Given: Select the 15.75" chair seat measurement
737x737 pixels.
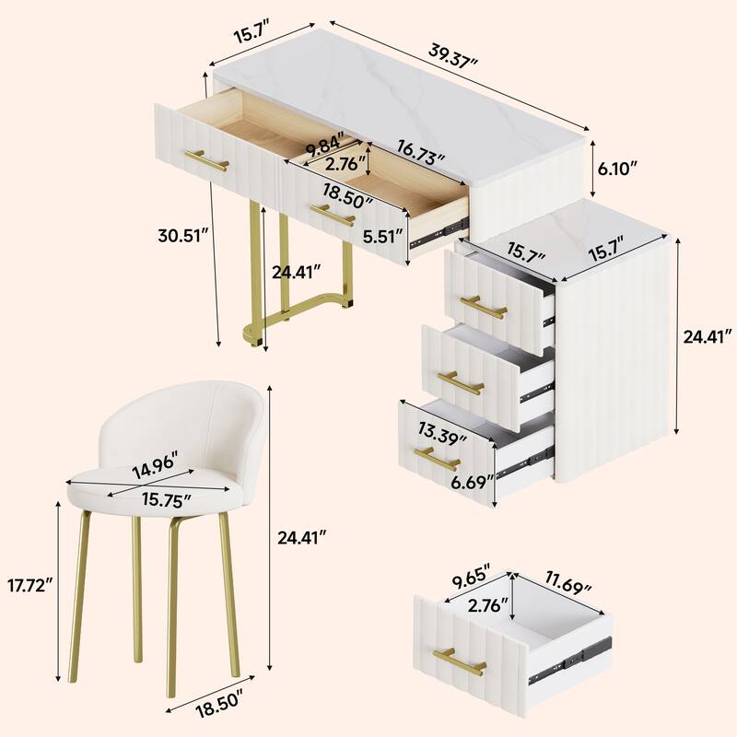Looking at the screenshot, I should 168,500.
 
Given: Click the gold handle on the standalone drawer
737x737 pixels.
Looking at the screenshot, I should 460,661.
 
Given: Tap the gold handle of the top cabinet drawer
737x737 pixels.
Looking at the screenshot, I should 483,307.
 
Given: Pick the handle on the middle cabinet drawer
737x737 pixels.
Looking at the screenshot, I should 460,382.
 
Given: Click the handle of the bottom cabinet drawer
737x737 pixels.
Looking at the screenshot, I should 437,458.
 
